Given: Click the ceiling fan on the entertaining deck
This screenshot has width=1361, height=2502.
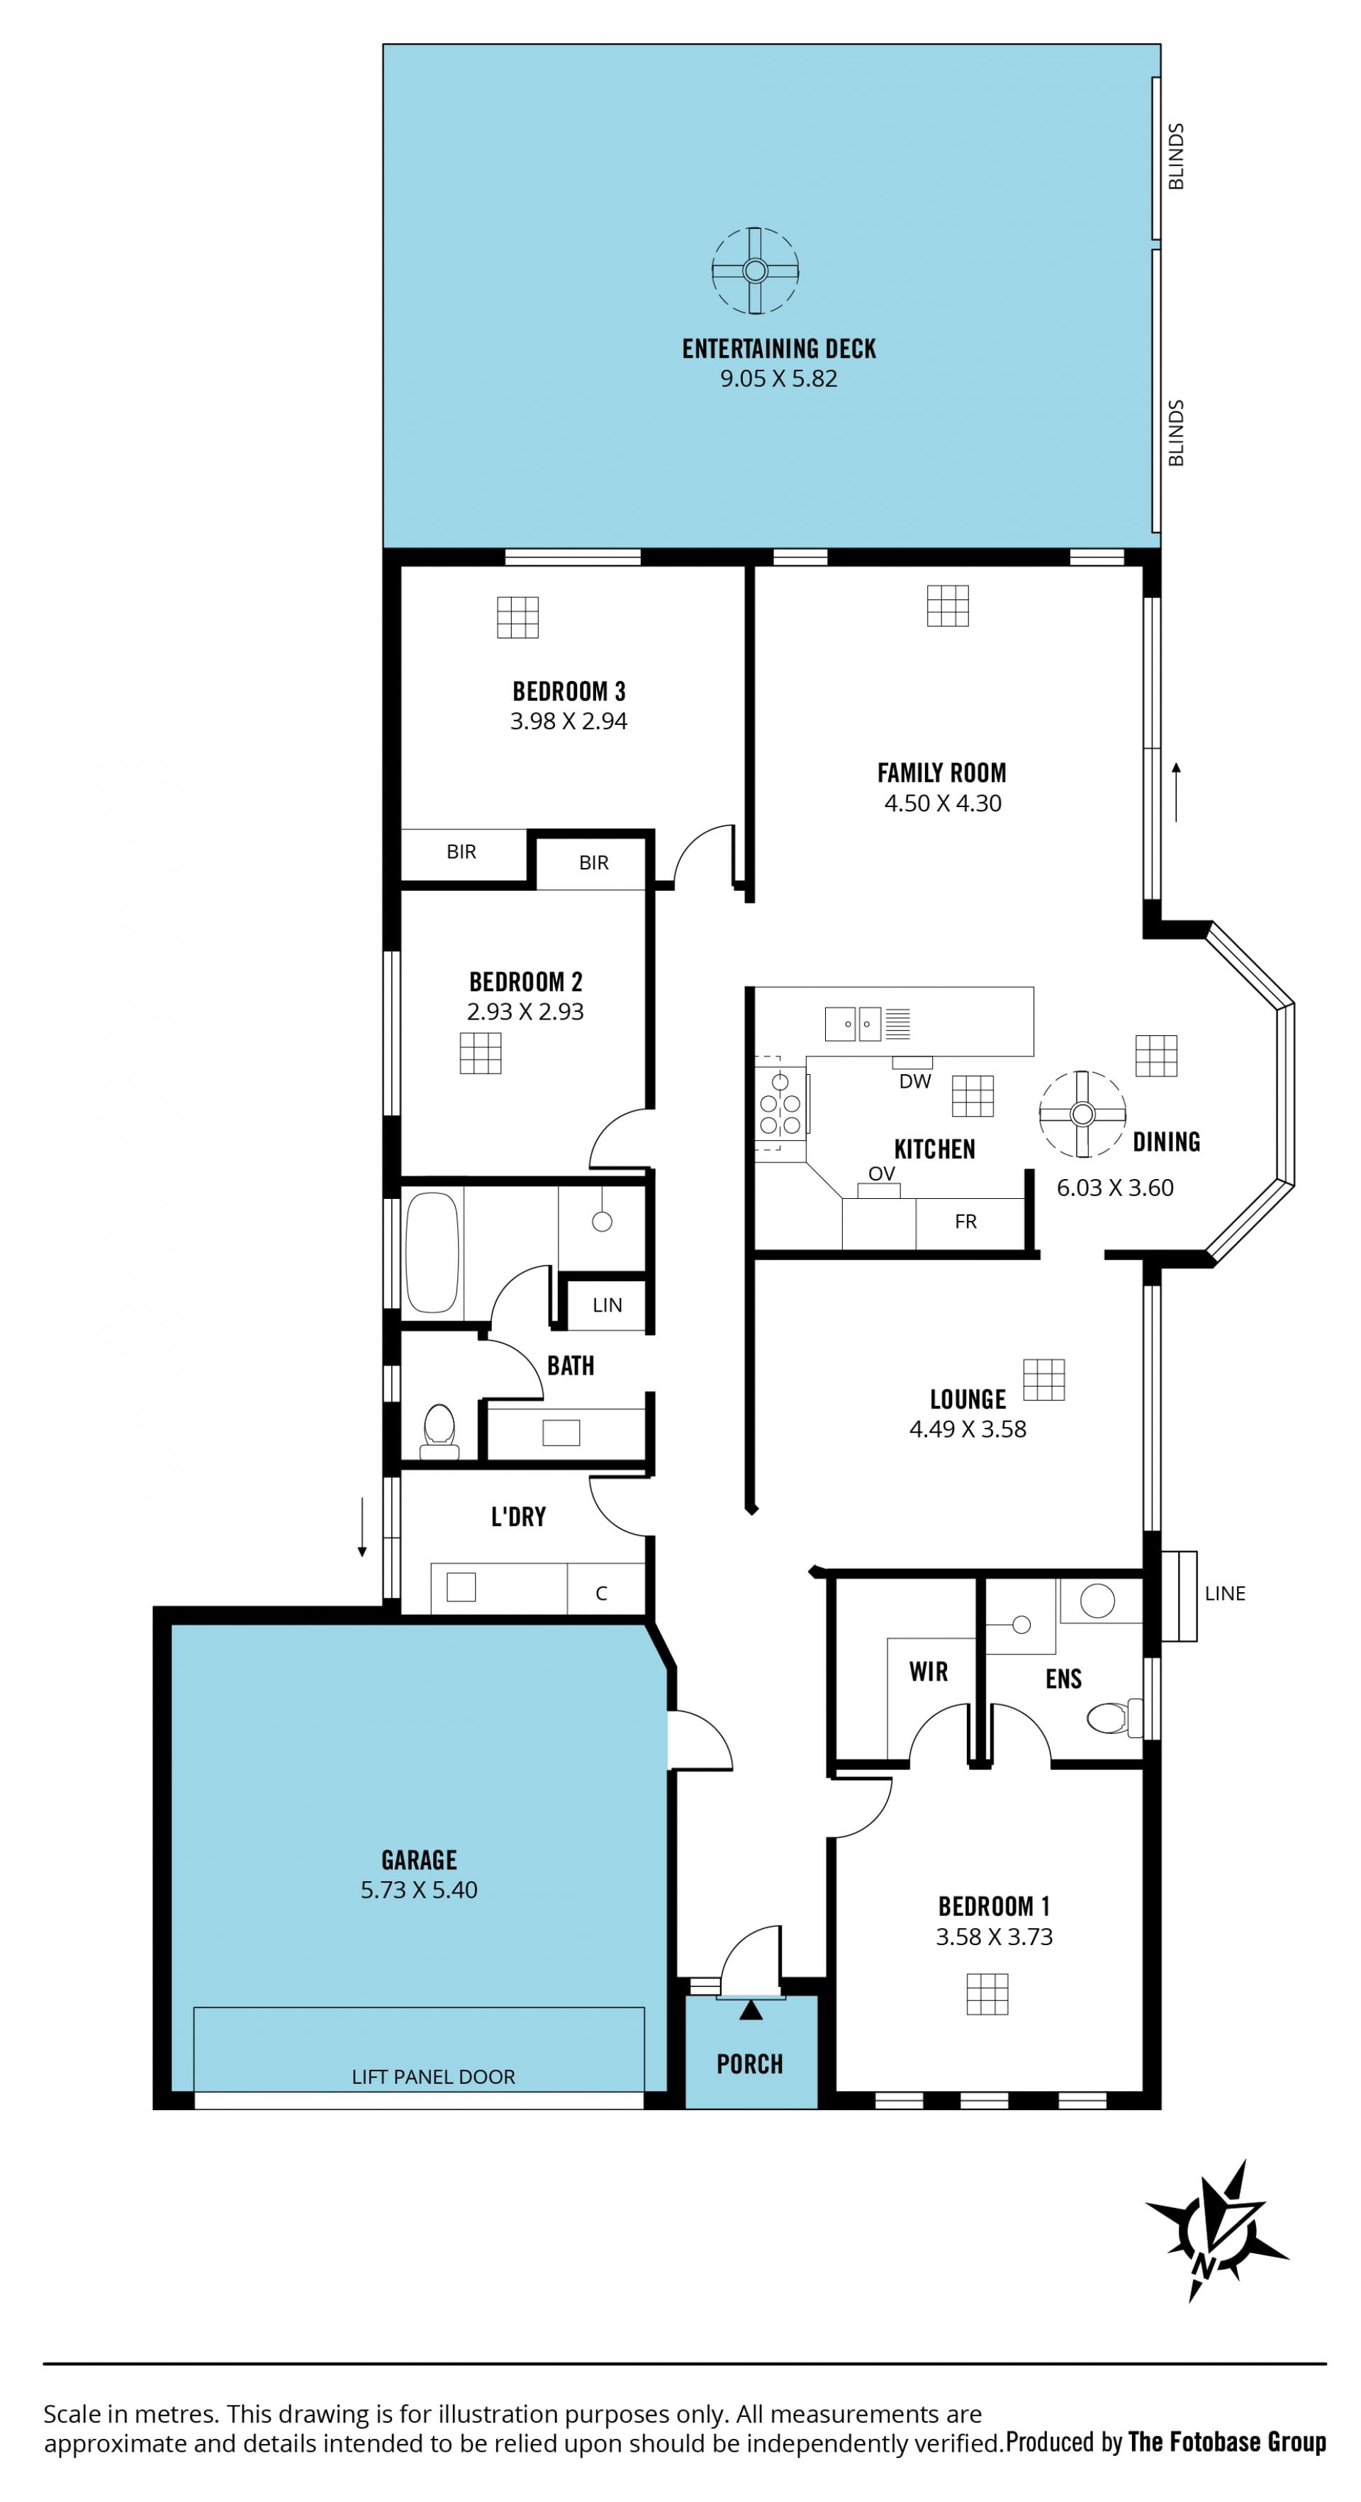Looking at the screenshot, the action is pos(755,270).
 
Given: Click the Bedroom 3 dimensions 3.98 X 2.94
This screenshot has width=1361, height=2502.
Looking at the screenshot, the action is pos(569,721).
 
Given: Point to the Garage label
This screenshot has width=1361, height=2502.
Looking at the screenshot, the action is pos(419,1859).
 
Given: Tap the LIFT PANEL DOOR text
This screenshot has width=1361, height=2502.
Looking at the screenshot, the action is pos(433,2077).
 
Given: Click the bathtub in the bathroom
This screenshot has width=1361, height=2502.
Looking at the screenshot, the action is pos(431,1252).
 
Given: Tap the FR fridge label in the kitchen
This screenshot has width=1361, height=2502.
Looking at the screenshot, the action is pos(965,1221).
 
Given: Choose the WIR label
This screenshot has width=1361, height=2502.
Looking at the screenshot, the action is pos(928,1671).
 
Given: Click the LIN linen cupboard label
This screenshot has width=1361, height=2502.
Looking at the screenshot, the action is pos(607,1304).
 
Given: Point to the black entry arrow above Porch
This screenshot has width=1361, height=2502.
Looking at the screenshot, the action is pos(750,2009).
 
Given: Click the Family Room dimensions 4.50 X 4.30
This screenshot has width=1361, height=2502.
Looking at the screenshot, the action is pos(942,804).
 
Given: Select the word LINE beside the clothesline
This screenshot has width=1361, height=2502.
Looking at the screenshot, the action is pos(1224,1593).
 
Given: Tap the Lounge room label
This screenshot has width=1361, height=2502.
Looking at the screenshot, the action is pos(968,1399).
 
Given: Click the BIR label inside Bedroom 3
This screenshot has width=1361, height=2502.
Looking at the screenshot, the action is pos(461,852).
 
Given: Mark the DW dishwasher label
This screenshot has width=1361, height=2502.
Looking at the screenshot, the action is pos(915,1081).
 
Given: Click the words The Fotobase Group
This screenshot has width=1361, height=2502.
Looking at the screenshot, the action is pos(1227,2441).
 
